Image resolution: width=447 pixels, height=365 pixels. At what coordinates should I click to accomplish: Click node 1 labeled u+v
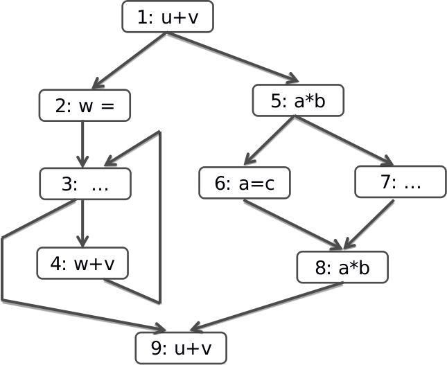click(x=167, y=17)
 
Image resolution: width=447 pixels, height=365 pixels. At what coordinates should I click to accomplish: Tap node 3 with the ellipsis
click(x=85, y=184)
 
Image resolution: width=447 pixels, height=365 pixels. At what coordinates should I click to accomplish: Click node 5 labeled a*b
click(x=297, y=101)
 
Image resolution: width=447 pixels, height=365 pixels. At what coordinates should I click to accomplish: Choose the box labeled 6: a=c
click(x=244, y=184)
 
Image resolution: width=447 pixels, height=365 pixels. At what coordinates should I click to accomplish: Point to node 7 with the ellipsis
click(x=400, y=182)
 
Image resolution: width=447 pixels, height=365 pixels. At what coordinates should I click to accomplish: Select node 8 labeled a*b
click(x=342, y=267)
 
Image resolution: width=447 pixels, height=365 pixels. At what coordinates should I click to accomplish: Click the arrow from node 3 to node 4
click(x=82, y=223)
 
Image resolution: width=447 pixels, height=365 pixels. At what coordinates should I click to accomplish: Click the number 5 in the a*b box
click(x=277, y=101)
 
